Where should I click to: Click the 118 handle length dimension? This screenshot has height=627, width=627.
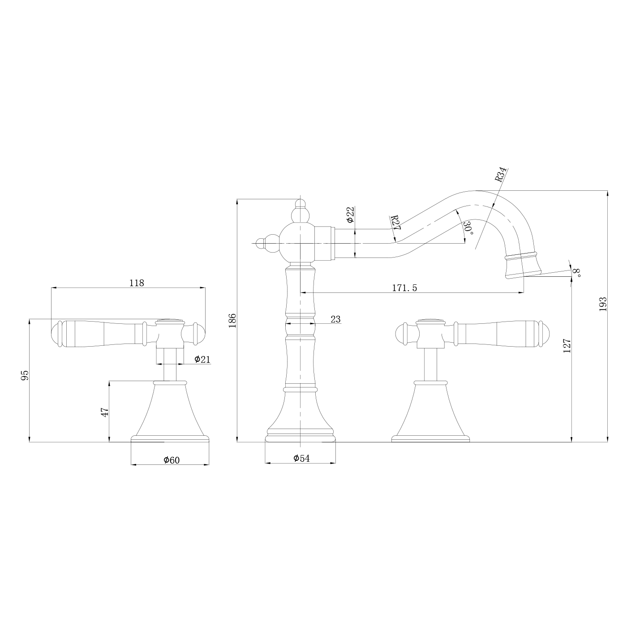pyautogui.click(x=137, y=283)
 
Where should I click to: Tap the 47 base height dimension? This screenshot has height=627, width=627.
pyautogui.click(x=105, y=412)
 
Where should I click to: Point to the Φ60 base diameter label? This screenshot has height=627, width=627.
pyautogui.click(x=172, y=460)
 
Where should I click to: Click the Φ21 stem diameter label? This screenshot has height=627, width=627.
pyautogui.click(x=202, y=359)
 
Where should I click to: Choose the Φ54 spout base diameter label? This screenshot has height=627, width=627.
pyautogui.click(x=301, y=458)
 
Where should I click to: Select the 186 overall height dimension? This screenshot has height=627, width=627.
pyautogui.click(x=232, y=321)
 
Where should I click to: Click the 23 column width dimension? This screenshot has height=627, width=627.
pyautogui.click(x=335, y=319)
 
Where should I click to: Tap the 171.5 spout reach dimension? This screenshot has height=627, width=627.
pyautogui.click(x=404, y=288)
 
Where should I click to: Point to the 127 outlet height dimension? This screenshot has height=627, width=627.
pyautogui.click(x=567, y=346)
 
